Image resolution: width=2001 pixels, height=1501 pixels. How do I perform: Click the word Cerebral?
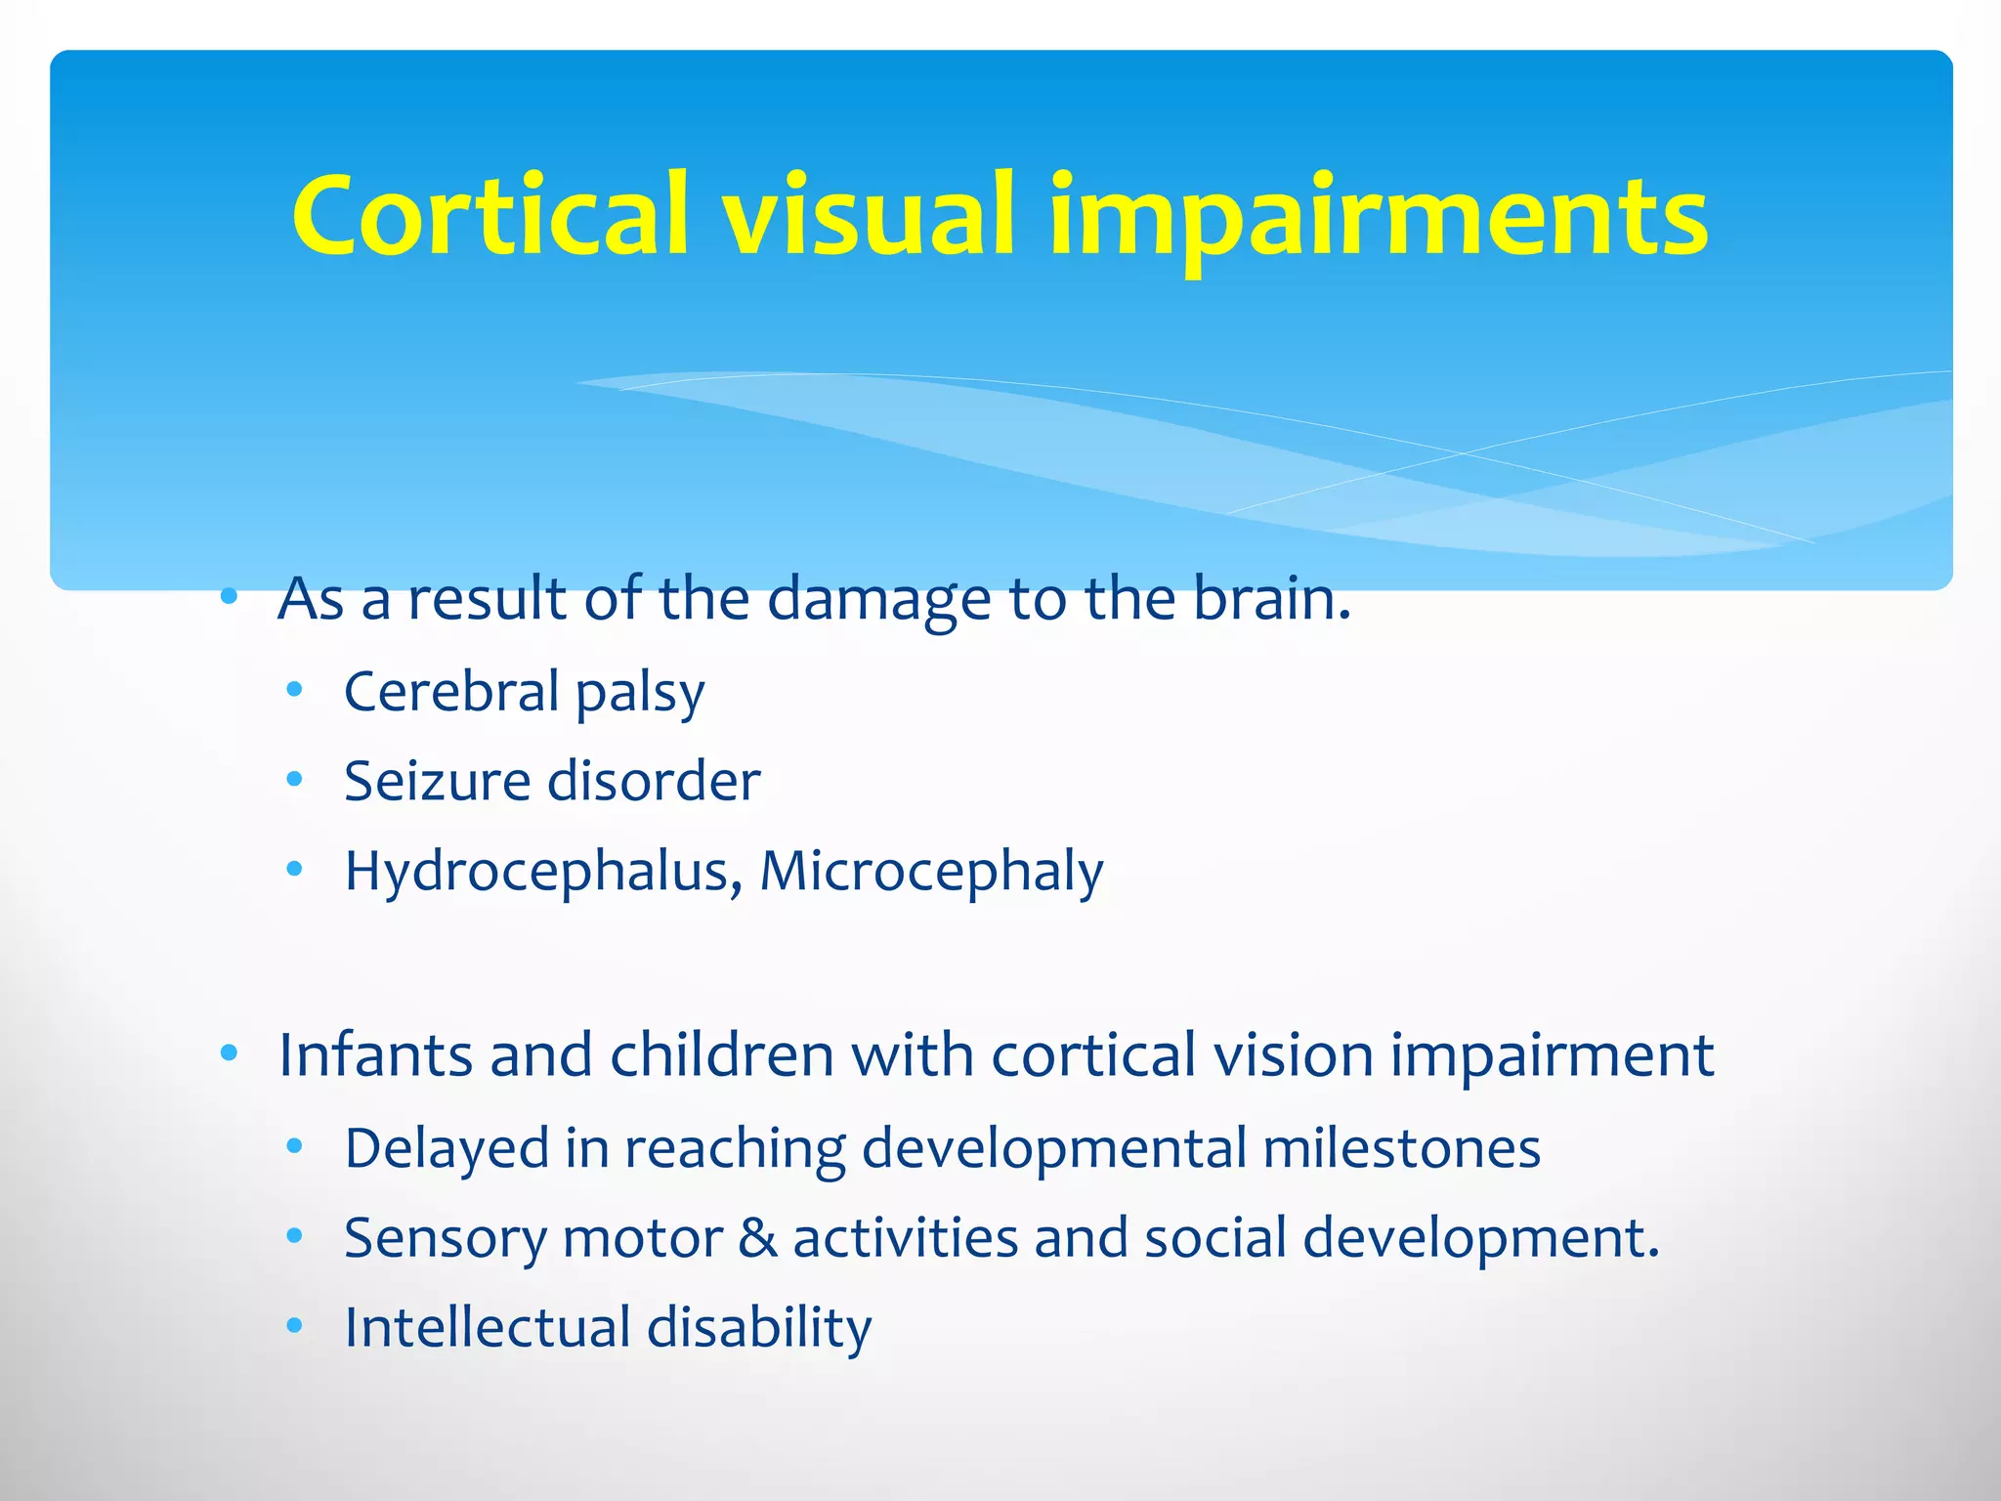click(451, 692)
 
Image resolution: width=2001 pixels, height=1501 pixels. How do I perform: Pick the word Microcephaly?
click(931, 872)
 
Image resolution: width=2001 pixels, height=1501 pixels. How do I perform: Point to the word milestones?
click(1401, 1148)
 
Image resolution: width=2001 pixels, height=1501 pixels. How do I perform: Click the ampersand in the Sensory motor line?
click(757, 1238)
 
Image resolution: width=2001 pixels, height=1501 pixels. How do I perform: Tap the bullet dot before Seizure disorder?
click(294, 780)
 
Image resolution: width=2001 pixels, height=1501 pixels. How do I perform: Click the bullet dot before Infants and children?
click(229, 1053)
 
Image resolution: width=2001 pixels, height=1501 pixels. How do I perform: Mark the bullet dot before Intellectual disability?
click(294, 1326)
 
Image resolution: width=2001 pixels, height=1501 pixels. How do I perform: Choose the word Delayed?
click(447, 1149)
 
